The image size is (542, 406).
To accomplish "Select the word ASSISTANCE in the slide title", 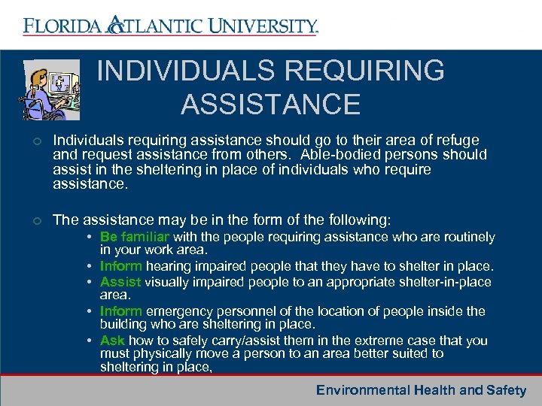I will tap(270, 105).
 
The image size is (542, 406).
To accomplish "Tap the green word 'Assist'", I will tap(120, 282).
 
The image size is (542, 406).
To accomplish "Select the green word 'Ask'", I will tap(112, 341).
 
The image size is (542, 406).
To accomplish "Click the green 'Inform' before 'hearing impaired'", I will tap(121, 267).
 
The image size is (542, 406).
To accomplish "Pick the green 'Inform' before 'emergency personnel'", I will tap(121, 311).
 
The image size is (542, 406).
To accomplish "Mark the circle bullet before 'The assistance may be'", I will tap(37, 220).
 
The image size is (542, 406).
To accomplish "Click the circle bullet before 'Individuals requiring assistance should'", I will tap(37, 141).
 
